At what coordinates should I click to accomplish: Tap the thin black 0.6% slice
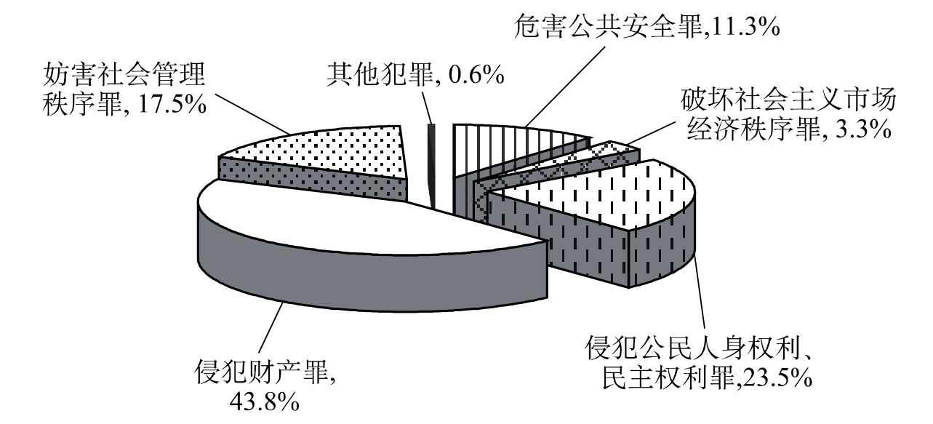pos(433,164)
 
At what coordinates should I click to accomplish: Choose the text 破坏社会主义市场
pos(789,100)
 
